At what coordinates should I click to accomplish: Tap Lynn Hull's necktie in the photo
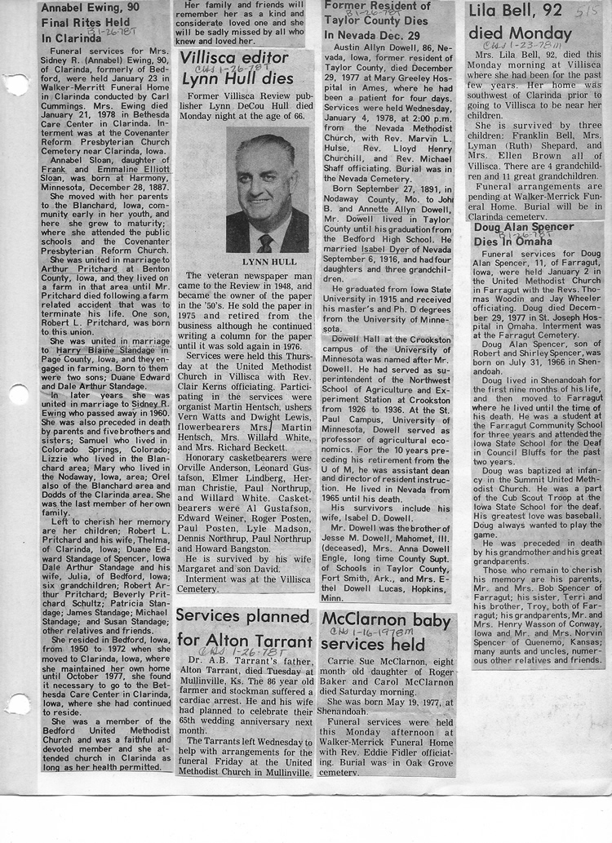(265, 242)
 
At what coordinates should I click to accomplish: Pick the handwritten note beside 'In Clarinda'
(118, 37)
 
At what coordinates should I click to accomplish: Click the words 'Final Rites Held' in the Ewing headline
(86, 23)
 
